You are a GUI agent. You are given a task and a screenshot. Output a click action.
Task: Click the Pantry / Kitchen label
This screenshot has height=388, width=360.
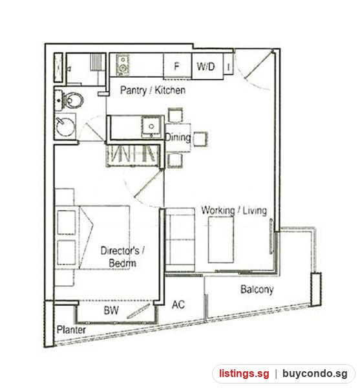tap(153, 90)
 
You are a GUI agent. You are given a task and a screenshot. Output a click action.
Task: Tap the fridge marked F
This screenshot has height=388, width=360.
tap(177, 66)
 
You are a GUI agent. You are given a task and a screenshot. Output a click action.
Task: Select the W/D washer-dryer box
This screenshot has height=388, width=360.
tap(207, 67)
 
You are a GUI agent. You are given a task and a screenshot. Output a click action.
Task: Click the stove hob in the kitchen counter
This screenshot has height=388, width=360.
tap(123, 65)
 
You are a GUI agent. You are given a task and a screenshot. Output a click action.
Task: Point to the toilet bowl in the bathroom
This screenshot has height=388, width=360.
tap(73, 100)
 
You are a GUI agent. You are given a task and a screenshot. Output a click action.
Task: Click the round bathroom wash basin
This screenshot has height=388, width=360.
tap(65, 127)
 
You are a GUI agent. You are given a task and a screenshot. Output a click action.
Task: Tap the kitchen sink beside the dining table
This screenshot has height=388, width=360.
tap(151, 127)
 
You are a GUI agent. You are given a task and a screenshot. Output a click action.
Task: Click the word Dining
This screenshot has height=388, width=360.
tap(178, 137)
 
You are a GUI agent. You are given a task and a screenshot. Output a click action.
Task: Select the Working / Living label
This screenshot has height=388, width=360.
tap(234, 211)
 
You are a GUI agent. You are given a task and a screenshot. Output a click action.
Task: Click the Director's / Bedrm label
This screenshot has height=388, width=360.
tap(122, 257)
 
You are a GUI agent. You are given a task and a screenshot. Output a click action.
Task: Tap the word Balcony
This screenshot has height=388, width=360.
tap(257, 290)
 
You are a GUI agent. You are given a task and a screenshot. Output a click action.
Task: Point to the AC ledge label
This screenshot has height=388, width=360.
tap(178, 305)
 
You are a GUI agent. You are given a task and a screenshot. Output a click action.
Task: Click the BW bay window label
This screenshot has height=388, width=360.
tap(111, 310)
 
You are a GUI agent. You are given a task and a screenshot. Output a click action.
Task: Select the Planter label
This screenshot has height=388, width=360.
tap(71, 330)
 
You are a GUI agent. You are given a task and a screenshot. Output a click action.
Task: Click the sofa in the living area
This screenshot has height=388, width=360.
tap(180, 240)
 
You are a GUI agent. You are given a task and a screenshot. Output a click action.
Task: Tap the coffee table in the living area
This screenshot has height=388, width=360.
tap(221, 240)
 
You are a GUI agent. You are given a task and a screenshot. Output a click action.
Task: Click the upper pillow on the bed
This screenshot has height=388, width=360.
tap(67, 222)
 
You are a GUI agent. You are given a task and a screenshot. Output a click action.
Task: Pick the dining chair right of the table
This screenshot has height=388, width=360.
tap(200, 139)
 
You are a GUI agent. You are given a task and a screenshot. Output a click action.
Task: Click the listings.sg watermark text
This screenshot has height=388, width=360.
tap(244, 373)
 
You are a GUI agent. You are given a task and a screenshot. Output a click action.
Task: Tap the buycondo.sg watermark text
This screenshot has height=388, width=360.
tap(315, 374)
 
